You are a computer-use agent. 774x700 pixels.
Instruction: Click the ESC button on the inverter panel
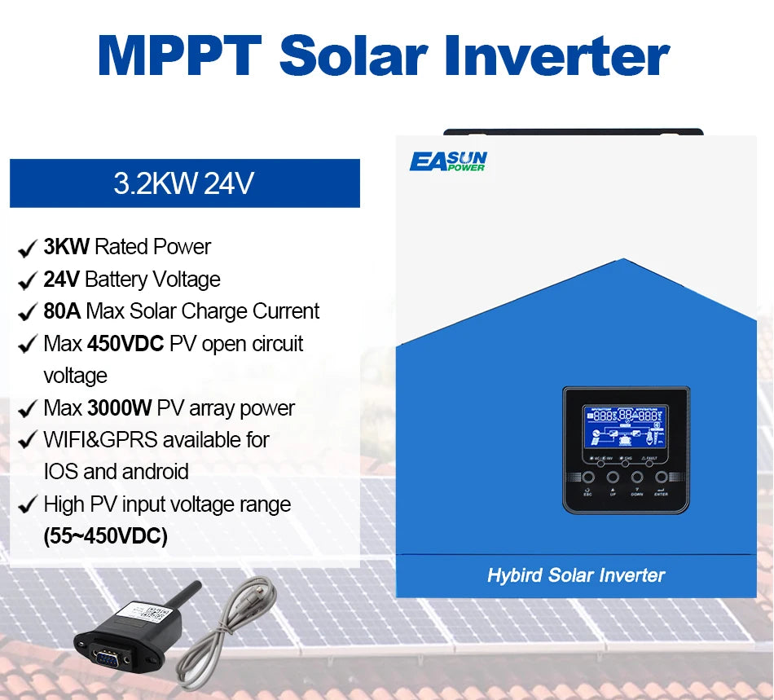coord(588,478)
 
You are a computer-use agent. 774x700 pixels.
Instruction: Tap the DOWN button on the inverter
coord(636,478)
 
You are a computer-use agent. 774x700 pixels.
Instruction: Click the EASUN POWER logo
coord(448,161)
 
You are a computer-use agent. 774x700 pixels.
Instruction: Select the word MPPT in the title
coord(180,55)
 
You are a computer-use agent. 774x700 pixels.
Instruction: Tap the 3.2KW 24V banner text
coord(184,183)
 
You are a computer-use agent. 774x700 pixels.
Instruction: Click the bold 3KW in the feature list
coord(66,247)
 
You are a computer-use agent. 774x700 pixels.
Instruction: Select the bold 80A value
coord(62,311)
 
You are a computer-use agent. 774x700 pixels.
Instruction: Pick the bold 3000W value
coord(120,407)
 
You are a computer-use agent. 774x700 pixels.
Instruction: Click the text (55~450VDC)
coord(105,537)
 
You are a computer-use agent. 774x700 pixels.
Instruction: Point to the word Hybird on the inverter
coord(515,575)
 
